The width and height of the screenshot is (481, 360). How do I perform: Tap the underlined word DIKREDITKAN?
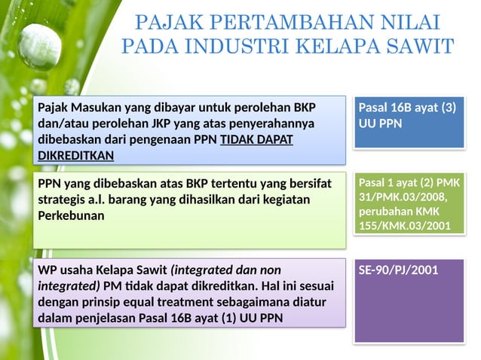point(75,156)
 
